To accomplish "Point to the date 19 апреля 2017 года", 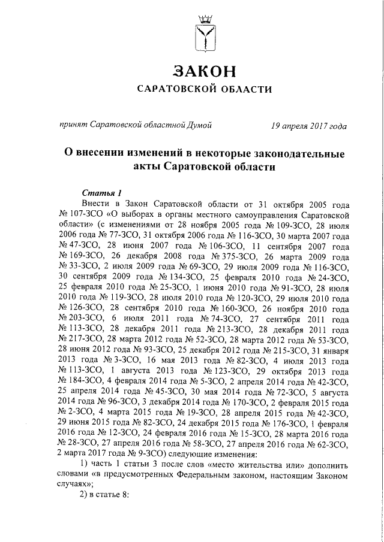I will click(x=308, y=125).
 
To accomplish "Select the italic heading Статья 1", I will click(x=101, y=192).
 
